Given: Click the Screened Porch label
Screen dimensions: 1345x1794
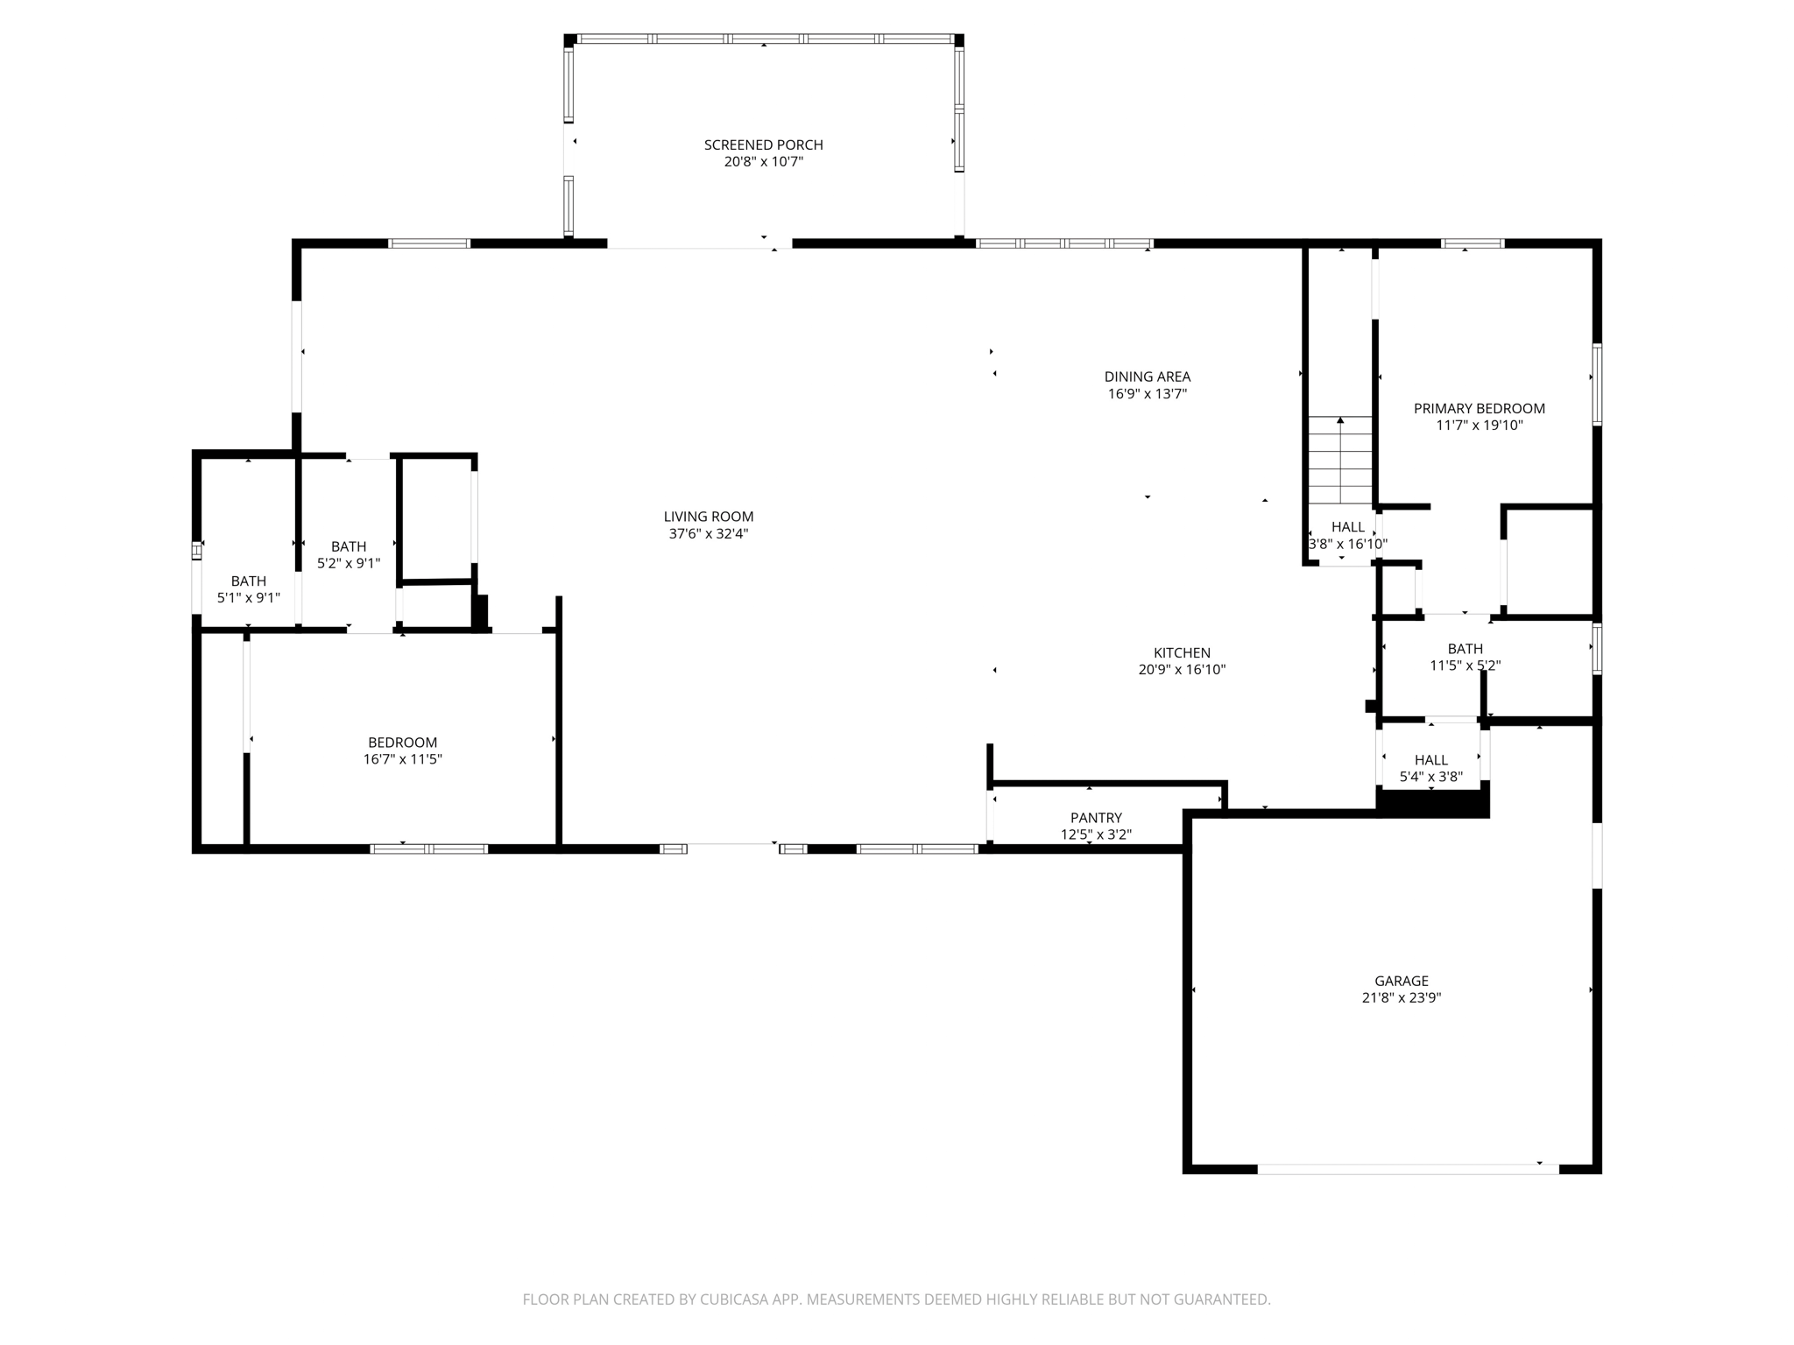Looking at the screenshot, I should (x=763, y=144).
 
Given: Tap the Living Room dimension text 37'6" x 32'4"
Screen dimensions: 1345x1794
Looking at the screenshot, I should (x=708, y=533).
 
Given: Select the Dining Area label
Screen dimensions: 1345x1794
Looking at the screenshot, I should (x=1147, y=377).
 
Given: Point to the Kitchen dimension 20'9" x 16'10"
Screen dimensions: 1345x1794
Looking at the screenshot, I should (x=1182, y=670).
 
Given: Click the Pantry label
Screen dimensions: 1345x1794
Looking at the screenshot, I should (x=1096, y=818).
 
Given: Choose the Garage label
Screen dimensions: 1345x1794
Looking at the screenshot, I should (x=1401, y=981).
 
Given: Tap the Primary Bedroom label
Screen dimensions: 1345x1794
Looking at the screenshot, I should (x=1479, y=408).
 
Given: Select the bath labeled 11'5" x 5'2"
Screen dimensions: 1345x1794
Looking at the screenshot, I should (x=1465, y=649).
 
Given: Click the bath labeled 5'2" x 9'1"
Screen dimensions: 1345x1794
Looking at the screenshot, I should (x=349, y=546).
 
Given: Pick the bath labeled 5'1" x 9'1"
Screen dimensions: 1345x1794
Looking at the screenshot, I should (x=249, y=581).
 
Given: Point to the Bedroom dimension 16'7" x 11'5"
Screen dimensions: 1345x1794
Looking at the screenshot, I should (x=402, y=759).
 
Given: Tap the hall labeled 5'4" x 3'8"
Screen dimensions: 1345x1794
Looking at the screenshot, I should (x=1430, y=760).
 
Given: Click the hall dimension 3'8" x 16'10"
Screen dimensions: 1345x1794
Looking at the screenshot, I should (x=1347, y=544).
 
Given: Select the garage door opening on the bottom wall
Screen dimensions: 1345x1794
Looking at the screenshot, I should (x=1408, y=1168).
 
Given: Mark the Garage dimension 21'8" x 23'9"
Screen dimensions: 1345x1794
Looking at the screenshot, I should (x=1401, y=997).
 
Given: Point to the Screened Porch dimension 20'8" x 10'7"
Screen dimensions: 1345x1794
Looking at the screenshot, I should (x=763, y=162).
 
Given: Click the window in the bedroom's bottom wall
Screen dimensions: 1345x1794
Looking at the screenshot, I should (x=428, y=849).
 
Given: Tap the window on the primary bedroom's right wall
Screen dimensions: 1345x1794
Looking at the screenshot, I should (x=1596, y=384).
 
